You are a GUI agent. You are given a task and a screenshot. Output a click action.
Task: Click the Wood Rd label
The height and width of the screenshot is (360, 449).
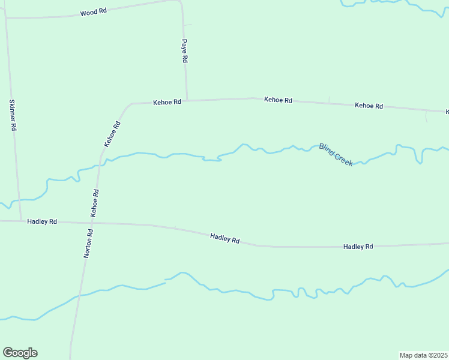[93, 12]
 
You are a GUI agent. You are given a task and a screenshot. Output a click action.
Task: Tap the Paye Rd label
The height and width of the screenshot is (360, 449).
[185, 52]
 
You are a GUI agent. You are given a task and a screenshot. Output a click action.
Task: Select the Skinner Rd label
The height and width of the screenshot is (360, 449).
[13, 115]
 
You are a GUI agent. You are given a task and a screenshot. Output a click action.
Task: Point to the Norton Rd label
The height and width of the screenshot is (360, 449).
[88, 244]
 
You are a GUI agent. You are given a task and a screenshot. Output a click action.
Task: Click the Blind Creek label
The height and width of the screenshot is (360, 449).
[336, 155]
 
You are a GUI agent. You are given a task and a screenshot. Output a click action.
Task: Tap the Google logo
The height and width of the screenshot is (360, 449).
[20, 353]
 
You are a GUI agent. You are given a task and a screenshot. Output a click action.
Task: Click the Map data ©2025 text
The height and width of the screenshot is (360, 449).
[424, 355]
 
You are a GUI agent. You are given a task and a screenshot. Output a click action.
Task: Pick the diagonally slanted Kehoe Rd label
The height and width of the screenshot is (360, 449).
[112, 134]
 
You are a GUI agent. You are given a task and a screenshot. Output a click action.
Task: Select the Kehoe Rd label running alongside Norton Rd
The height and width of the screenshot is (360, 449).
[94, 203]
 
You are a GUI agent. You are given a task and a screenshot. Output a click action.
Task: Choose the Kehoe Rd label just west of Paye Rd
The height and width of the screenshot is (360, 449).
[167, 102]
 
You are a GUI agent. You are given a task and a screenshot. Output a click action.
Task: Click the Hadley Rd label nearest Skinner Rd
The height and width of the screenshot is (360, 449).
[42, 221]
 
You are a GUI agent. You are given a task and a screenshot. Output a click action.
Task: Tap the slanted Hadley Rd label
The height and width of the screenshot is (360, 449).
[225, 238]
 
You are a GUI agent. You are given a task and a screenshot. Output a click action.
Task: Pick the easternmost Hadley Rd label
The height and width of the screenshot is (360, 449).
[358, 247]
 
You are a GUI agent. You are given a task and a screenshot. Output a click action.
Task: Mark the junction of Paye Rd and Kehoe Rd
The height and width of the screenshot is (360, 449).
[187, 100]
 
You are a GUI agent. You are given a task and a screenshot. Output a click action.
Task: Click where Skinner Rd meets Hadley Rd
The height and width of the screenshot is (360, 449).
[20, 221]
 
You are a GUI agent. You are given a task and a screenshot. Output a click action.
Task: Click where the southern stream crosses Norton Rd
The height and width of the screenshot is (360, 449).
[77, 296]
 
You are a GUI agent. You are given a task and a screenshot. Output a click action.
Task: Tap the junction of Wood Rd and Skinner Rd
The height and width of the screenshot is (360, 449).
[6, 18]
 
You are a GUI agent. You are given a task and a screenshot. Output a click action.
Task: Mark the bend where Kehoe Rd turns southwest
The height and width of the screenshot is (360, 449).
[129, 105]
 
